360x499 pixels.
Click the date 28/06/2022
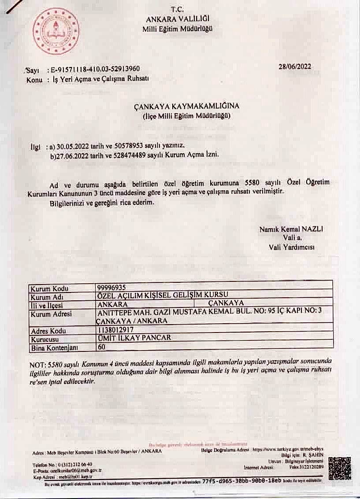[x=295, y=67]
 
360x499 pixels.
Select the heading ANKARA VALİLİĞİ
[x=178, y=19]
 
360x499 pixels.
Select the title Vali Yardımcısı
[x=291, y=247]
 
